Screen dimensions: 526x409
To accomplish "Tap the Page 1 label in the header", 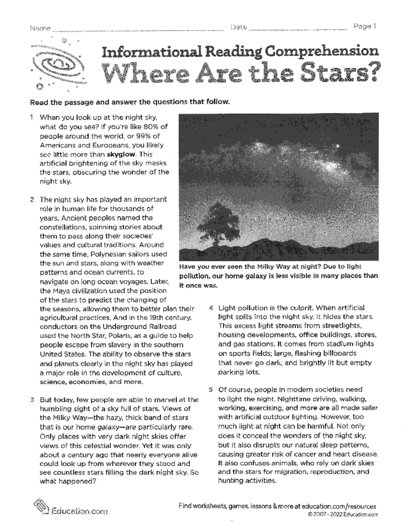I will (364, 27).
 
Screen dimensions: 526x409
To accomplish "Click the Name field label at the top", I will (40, 28).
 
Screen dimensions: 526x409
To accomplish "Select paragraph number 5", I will (211, 390).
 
